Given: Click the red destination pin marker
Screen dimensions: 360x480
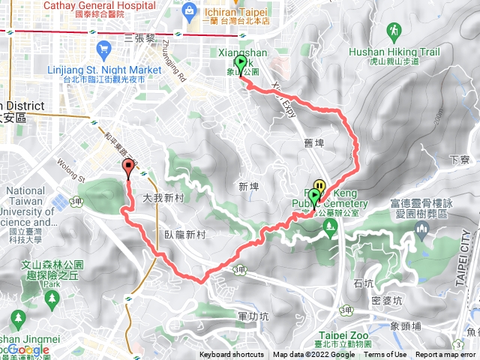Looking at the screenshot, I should click(x=127, y=169).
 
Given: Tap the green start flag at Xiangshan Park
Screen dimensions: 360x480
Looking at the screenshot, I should click(x=241, y=64).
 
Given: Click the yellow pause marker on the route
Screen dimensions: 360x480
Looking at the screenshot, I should click(x=319, y=185).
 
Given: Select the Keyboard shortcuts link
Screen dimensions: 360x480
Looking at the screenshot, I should click(x=232, y=355).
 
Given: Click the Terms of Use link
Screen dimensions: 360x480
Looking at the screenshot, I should click(x=385, y=355).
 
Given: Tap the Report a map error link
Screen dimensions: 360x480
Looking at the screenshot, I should click(x=445, y=355).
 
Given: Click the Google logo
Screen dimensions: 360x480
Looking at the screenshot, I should click(x=28, y=349).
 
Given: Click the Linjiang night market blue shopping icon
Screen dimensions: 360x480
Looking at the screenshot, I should click(x=104, y=50).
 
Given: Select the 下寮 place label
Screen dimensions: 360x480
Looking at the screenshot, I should click(x=458, y=160).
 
